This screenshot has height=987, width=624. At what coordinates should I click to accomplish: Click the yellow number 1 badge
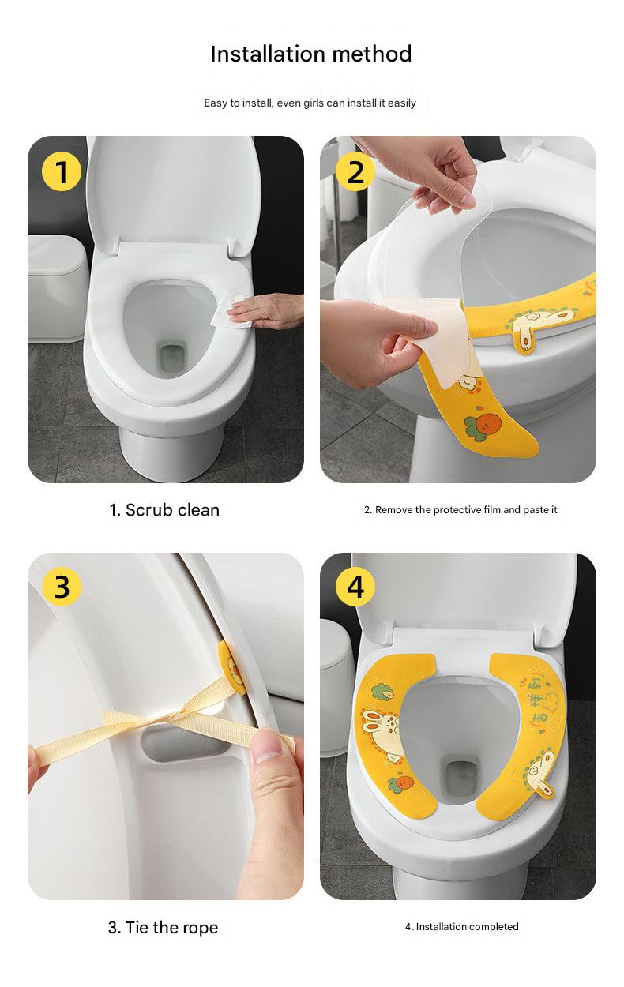(62, 171)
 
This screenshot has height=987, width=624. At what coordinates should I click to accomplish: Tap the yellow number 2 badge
(355, 171)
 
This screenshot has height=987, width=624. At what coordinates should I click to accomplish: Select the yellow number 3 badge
(62, 587)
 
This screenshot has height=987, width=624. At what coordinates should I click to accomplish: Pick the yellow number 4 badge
(355, 587)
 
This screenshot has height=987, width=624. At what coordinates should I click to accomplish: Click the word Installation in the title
(268, 54)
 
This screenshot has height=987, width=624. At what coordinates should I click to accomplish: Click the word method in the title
(372, 54)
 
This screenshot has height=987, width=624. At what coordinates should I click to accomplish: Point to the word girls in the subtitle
(314, 103)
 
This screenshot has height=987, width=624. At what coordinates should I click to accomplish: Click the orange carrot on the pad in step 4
(403, 782)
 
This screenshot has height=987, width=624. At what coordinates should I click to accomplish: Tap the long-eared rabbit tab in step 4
(539, 774)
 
